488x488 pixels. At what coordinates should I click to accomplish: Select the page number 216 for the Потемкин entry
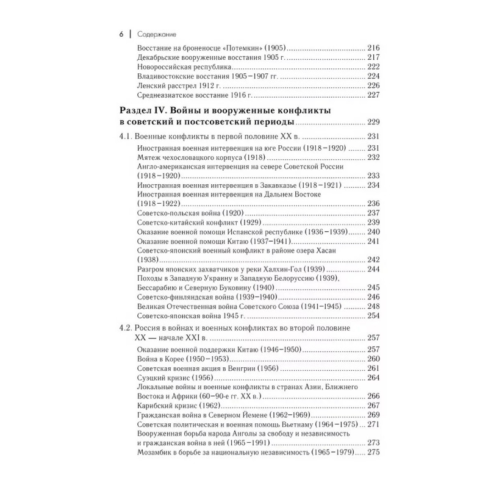(373, 47)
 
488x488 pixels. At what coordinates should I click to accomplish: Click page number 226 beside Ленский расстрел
(373, 86)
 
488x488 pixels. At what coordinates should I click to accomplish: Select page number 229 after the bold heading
(373, 122)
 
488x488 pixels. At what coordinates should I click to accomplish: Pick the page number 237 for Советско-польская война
(373, 213)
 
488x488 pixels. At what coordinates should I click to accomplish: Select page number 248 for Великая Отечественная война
(373, 306)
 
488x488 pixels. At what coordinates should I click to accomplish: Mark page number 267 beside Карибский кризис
(373, 406)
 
